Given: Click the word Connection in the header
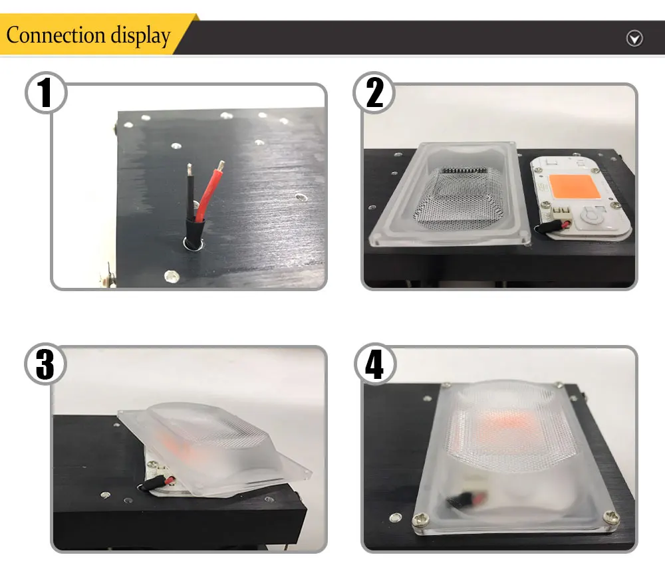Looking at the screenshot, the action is (56, 35).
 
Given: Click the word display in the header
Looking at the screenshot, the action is (140, 36).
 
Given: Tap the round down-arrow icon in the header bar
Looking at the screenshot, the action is (634, 39).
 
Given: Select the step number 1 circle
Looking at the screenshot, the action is (46, 92).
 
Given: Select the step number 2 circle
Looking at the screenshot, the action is (374, 92).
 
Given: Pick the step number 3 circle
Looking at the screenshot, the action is (45, 364).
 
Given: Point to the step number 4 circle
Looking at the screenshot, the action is (375, 364).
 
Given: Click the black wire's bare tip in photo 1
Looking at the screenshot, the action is (190, 169).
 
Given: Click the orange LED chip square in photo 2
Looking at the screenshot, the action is (575, 187).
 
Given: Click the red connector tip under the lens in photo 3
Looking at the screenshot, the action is (170, 481).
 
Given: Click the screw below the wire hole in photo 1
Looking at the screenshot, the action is (172, 276).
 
